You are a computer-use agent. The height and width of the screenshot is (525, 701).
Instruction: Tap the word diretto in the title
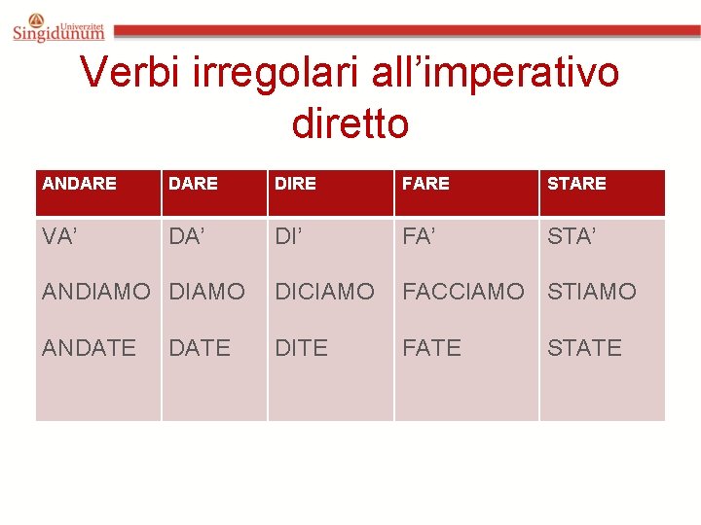[x=350, y=122]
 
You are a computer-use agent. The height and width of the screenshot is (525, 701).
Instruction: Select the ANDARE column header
[x=80, y=183]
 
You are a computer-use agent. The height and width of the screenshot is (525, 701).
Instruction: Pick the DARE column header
[x=193, y=183]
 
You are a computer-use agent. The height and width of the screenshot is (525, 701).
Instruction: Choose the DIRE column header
[x=295, y=183]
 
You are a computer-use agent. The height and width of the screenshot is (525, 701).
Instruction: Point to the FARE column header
[x=425, y=183]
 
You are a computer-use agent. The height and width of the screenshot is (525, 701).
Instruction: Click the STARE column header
[x=576, y=183]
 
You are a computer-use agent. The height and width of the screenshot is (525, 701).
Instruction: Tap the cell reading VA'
[x=60, y=235]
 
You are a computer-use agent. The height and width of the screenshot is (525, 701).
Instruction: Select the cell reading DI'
[x=289, y=235]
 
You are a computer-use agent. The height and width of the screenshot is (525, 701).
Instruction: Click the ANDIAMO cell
[x=96, y=291]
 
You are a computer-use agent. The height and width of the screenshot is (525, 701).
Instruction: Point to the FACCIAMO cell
[x=463, y=291]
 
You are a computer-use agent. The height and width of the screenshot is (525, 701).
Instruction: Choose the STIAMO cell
[x=591, y=291]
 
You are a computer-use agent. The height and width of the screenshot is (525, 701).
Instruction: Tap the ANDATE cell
[x=89, y=347]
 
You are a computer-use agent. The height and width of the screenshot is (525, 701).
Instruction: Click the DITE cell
[x=301, y=347]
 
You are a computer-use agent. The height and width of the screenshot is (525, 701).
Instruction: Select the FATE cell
[x=431, y=347]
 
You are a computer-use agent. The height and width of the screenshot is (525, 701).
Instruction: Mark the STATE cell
[x=584, y=347]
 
